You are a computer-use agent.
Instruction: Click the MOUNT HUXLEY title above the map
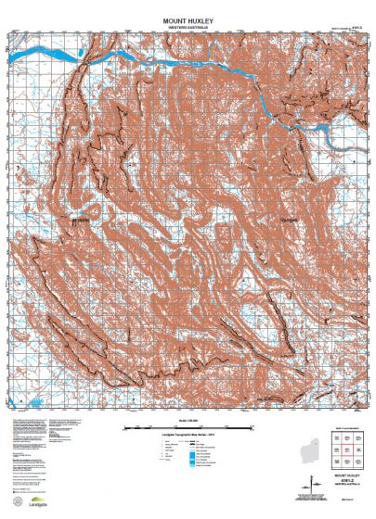188,19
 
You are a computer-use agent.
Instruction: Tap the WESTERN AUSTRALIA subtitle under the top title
188,28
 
